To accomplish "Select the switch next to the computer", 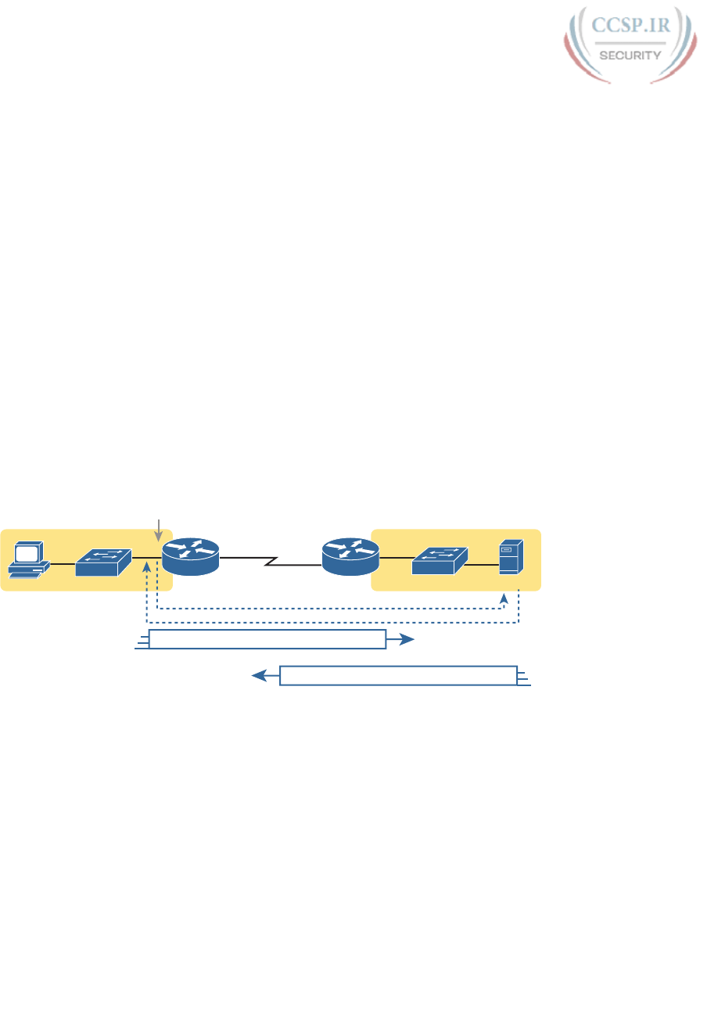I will pyautogui.click(x=103, y=560).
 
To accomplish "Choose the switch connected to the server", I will pyautogui.click(x=439, y=559).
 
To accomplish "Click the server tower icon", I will pyautogui.click(x=511, y=559).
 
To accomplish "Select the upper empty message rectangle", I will pyautogui.click(x=267, y=639).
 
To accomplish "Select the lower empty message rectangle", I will pyautogui.click(x=398, y=675).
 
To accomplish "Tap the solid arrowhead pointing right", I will pyautogui.click(x=405, y=639).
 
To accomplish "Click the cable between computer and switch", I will pyautogui.click(x=62, y=560).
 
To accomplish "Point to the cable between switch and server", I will pyautogui.click(x=482, y=560).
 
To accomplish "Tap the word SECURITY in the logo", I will pyautogui.click(x=630, y=55).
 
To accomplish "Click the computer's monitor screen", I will pyautogui.click(x=28, y=552).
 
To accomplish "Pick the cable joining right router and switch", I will pyautogui.click(x=396, y=558).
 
